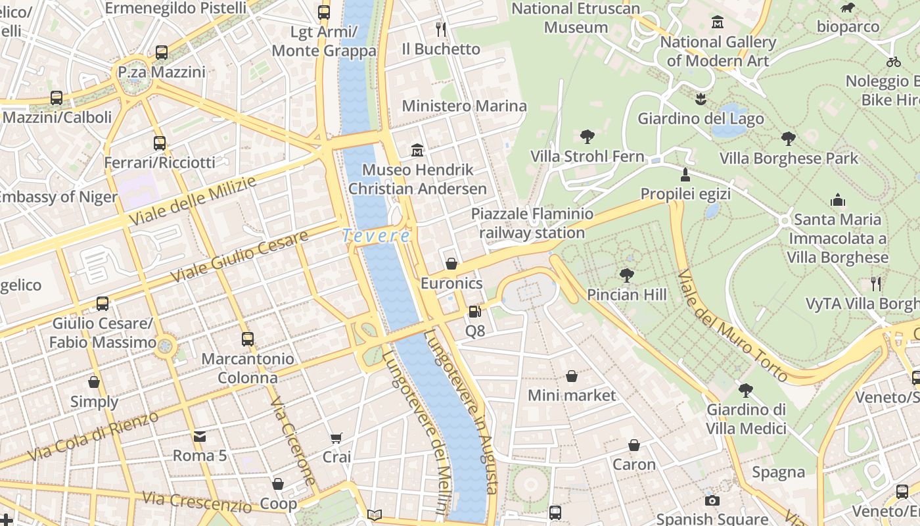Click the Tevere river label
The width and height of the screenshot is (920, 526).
[376, 235]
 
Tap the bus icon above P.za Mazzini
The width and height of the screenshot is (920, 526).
[162, 53]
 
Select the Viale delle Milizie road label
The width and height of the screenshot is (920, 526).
[192, 201]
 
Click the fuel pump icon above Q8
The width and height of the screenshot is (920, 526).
[474, 311]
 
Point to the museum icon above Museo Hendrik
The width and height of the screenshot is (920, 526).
[417, 151]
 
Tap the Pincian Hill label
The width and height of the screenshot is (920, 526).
[626, 295]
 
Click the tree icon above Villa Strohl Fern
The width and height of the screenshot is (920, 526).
[587, 137]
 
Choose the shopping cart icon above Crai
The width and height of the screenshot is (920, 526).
[336, 438]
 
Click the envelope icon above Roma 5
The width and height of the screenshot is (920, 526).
[199, 436]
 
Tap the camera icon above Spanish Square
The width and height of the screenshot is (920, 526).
[712, 501]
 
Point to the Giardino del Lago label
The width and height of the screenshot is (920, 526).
[701, 119]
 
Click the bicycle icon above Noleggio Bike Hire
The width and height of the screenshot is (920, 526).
[893, 62]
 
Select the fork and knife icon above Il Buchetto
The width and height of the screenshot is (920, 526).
[441, 30]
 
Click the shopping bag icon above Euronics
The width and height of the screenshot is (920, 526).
[451, 264]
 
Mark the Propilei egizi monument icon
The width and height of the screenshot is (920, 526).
[685, 175]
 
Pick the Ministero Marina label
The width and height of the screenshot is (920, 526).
[464, 106]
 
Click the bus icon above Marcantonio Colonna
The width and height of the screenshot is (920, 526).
[247, 339]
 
